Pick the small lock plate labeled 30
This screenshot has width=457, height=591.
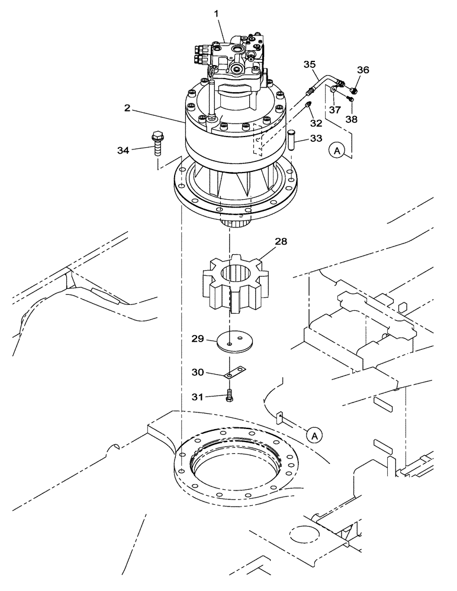234,373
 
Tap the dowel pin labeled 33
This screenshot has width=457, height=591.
291,142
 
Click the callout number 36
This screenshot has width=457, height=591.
362,70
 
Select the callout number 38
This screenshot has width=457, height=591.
352,118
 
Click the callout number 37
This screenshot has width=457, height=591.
334,110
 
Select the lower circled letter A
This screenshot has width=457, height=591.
315,436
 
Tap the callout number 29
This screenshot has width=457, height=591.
197,339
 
